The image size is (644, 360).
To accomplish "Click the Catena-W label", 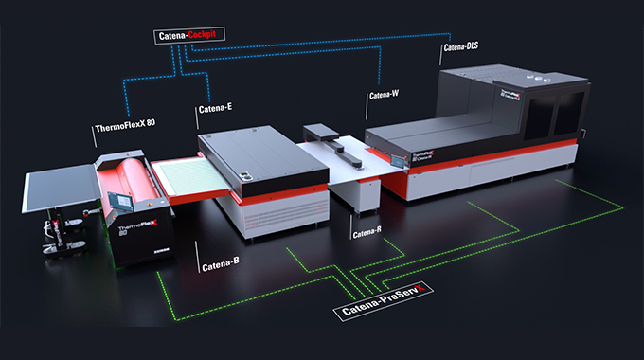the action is coord(383,95).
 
